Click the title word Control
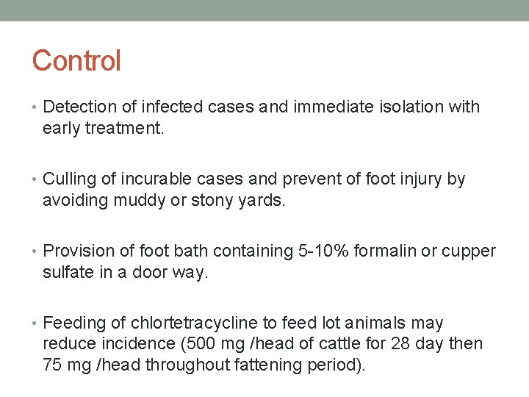(76, 60)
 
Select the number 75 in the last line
(53, 365)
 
